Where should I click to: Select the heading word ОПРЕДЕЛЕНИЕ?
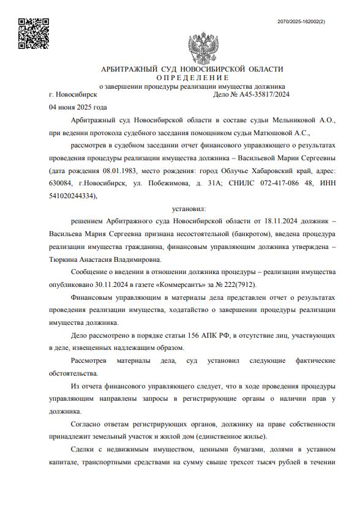[192, 78]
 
